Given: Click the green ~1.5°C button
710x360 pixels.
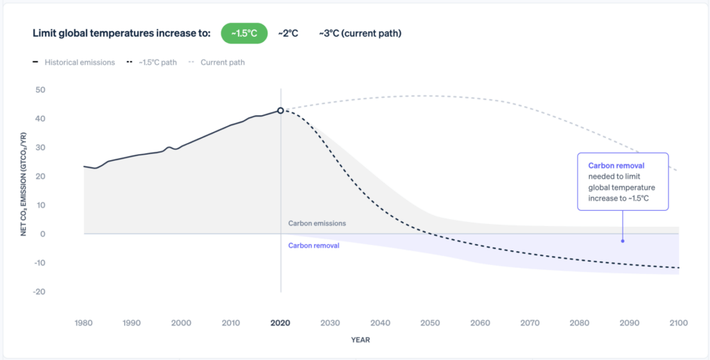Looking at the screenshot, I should point(244,33).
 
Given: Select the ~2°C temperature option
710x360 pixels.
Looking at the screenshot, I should point(288,33).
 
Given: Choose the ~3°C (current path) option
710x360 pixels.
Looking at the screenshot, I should point(360,33).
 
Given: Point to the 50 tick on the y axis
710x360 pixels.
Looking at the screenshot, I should point(40,90).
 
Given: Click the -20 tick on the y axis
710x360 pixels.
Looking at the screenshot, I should point(38,292).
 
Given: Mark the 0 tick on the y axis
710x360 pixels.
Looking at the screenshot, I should point(42,234).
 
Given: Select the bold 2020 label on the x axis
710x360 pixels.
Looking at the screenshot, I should point(281,323).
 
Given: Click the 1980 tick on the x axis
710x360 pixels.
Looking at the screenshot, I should point(84,323).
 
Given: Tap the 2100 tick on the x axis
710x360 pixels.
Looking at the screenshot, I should point(678,323).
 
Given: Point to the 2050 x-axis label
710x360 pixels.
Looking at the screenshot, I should point(430,323).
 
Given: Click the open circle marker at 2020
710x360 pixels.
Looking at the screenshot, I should point(281,110).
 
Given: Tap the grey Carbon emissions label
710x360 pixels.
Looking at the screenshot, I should point(317,223).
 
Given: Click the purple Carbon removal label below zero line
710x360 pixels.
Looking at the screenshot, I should point(313,246).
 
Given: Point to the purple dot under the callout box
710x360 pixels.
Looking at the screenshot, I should point(623,241).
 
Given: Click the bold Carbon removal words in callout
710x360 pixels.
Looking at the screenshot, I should point(616,166).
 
